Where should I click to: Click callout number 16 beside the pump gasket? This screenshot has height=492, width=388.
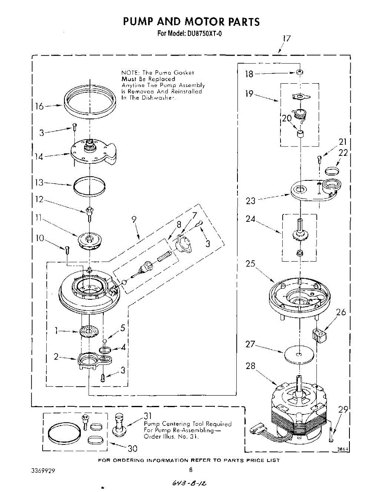39,107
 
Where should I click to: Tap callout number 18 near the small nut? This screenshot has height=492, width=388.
249,74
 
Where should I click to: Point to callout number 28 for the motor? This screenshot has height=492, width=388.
251,366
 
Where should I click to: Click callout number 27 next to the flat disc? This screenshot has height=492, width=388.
251,344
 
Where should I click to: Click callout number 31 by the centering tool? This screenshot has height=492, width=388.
148,416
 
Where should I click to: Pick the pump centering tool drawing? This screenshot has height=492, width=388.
119,424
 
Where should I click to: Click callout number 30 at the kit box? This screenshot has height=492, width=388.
132,449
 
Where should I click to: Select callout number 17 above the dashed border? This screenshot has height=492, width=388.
287,39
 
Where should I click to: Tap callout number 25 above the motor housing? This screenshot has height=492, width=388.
251,264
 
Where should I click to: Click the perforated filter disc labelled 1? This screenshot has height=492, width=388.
90,331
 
